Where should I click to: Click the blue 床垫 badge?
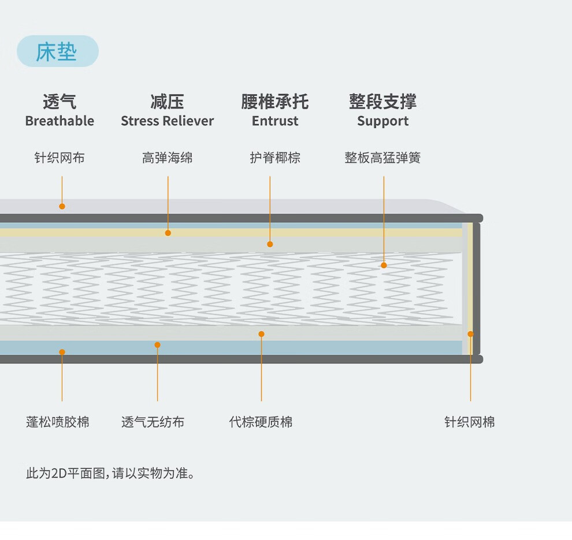(57, 51)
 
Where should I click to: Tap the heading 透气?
(60, 102)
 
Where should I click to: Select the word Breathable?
(60, 121)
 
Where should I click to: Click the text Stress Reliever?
(167, 121)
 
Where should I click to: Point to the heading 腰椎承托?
(275, 102)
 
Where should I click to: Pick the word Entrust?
(275, 121)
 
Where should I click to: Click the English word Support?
(382, 121)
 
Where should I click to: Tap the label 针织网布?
(60, 158)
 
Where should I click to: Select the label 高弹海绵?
(168, 158)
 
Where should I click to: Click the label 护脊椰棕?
(275, 158)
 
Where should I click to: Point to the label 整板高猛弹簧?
(382, 158)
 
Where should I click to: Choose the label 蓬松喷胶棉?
(58, 422)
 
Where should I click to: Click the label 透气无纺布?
(153, 422)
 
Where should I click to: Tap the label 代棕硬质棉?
(261, 422)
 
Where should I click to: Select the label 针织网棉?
(469, 422)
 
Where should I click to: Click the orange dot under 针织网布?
(62, 206)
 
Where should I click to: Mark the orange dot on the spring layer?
(384, 265)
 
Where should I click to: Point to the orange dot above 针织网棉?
(470, 334)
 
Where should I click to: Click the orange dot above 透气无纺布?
(157, 345)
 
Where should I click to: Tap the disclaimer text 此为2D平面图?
(110, 474)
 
